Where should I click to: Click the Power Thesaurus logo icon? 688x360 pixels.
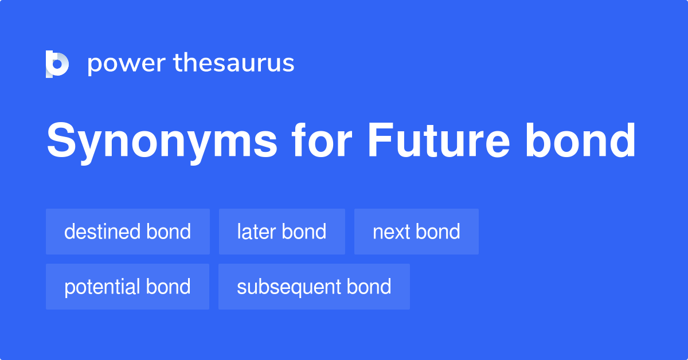(x=57, y=64)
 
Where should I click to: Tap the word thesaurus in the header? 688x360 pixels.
(x=234, y=63)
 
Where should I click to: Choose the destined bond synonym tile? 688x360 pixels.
(x=128, y=232)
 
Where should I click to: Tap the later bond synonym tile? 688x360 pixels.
(x=282, y=232)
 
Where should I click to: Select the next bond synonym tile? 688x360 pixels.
(x=416, y=232)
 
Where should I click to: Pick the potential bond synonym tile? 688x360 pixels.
(x=127, y=287)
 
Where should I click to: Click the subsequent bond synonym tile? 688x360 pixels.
(x=314, y=287)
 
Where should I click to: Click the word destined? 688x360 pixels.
(x=102, y=232)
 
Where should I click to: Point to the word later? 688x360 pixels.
(x=256, y=232)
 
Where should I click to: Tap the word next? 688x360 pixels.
(x=392, y=232)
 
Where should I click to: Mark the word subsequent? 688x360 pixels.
(x=288, y=287)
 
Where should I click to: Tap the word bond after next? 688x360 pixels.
(x=439, y=232)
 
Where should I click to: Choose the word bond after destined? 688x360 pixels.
(x=169, y=232)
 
